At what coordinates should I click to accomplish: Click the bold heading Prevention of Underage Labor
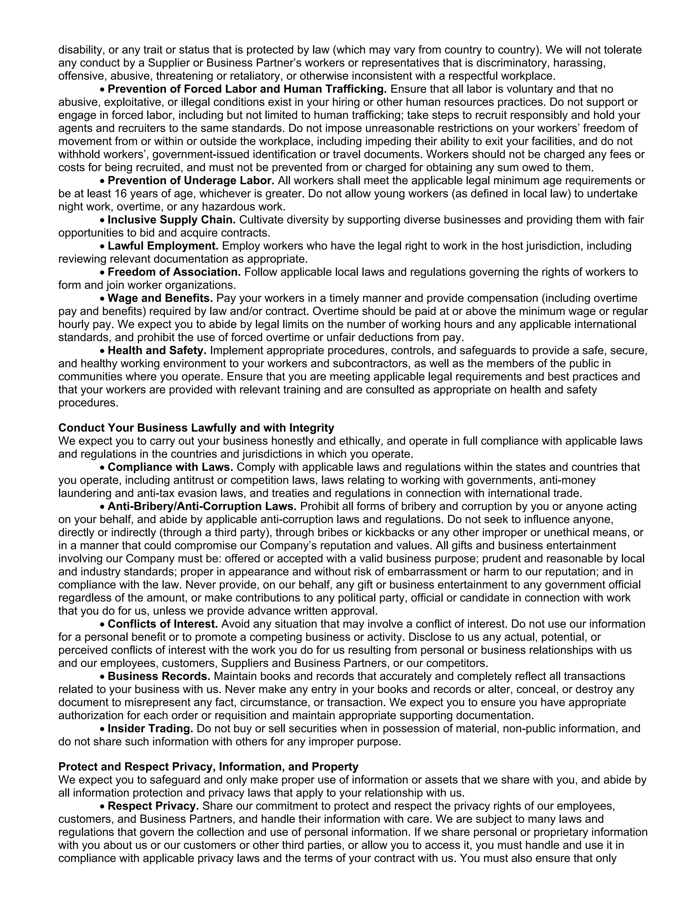[191, 181]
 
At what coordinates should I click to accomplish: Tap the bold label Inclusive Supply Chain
[171, 220]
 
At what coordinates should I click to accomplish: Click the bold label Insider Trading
[150, 729]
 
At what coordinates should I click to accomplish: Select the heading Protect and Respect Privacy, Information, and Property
[208, 767]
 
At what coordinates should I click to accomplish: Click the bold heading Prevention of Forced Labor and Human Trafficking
[247, 89]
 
